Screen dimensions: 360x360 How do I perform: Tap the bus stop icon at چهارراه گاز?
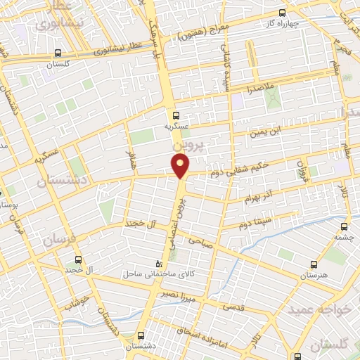click(283, 13)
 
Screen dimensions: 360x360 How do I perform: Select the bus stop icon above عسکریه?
click(175, 115)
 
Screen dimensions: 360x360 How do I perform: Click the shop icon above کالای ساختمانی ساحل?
click(158, 264)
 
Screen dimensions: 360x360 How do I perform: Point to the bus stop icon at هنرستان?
click(312, 264)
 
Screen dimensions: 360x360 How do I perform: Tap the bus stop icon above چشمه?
click(344, 227)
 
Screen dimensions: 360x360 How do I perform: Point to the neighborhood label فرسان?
click(56, 239)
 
